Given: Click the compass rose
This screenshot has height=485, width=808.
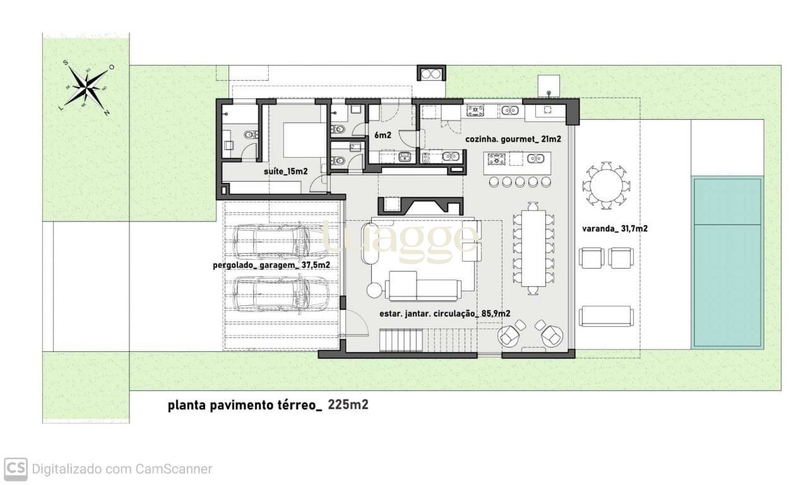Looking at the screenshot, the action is [x=86, y=87].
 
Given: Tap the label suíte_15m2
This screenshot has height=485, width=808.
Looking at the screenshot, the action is [x=286, y=172].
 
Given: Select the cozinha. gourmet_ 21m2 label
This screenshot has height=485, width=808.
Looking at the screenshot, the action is [x=513, y=139].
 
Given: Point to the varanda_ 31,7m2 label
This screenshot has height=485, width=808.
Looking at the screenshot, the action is [x=615, y=228].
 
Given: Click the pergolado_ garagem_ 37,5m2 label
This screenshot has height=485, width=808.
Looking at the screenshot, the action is [x=271, y=266].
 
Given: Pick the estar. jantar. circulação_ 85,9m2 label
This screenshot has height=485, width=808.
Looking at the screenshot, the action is [x=445, y=313].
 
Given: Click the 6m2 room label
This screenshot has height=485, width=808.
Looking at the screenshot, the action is [x=383, y=135].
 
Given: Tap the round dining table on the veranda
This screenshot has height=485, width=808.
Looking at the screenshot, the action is [x=606, y=185].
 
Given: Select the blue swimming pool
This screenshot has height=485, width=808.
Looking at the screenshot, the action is [x=727, y=262].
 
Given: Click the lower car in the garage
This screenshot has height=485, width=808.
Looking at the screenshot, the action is [x=281, y=294].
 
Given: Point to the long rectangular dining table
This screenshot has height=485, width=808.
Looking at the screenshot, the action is [x=533, y=248].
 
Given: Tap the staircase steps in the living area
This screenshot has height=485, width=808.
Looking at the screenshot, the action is [x=401, y=340].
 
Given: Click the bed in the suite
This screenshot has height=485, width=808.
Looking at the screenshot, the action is [x=305, y=140].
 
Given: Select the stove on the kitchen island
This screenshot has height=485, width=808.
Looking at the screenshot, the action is [x=497, y=159].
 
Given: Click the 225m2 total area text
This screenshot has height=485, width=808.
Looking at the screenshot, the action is [x=348, y=405].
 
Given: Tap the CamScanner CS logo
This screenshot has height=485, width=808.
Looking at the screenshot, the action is [x=16, y=469].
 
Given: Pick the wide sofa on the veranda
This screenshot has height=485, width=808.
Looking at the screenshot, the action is [x=606, y=316].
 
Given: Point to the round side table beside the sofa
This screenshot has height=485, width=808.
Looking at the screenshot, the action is [x=375, y=290].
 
